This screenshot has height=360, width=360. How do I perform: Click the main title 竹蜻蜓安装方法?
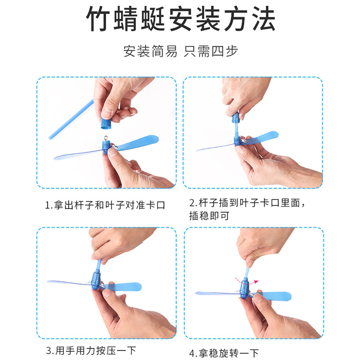(x=181, y=18)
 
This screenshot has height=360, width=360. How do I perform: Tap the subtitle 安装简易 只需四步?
(x=181, y=51)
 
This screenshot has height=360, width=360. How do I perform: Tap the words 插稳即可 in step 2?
(x=209, y=216)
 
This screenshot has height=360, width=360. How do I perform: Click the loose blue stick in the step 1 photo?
(x=71, y=119)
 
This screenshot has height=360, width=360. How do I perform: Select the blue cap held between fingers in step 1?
(x=106, y=123)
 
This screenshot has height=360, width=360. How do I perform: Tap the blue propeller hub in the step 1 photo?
(x=106, y=147)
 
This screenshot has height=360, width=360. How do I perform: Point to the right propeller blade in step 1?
(x=137, y=142)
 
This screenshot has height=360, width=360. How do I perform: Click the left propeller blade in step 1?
(x=78, y=155)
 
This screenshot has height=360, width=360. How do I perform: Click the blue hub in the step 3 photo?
(x=96, y=281)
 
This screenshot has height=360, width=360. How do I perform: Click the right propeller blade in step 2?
(x=264, y=137)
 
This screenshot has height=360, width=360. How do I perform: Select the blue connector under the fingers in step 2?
(x=236, y=117)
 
